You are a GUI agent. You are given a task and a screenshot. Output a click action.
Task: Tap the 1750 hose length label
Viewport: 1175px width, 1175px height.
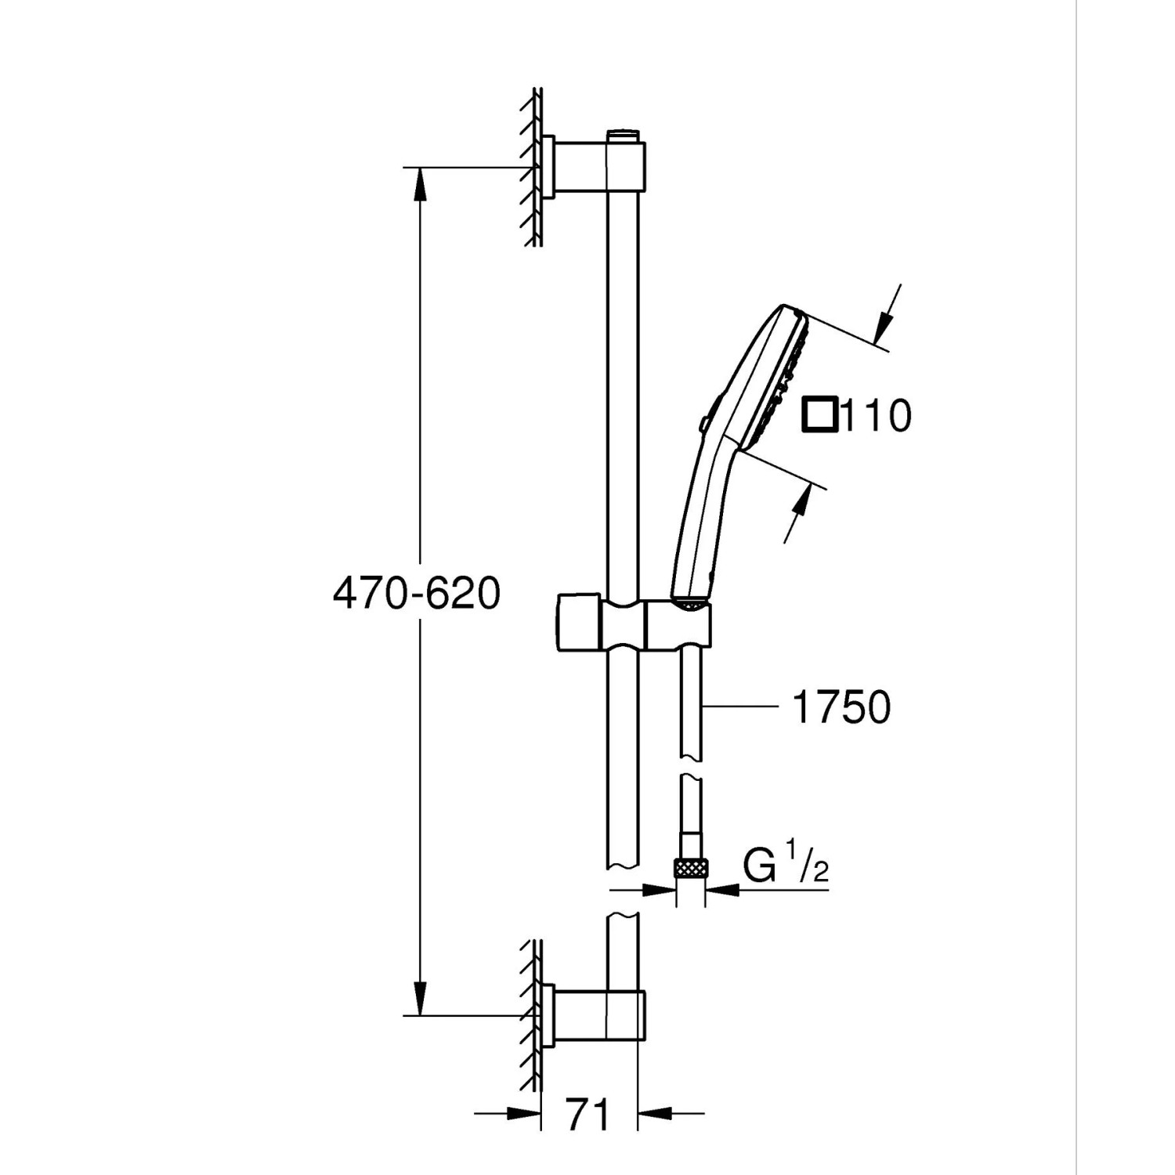[x=841, y=707]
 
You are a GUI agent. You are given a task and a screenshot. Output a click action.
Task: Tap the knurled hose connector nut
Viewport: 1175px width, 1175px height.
[x=690, y=868]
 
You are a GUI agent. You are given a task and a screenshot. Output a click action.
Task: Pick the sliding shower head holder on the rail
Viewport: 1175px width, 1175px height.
[x=634, y=623]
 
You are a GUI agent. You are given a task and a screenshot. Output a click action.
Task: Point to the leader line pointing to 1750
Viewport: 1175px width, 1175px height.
[x=740, y=707]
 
